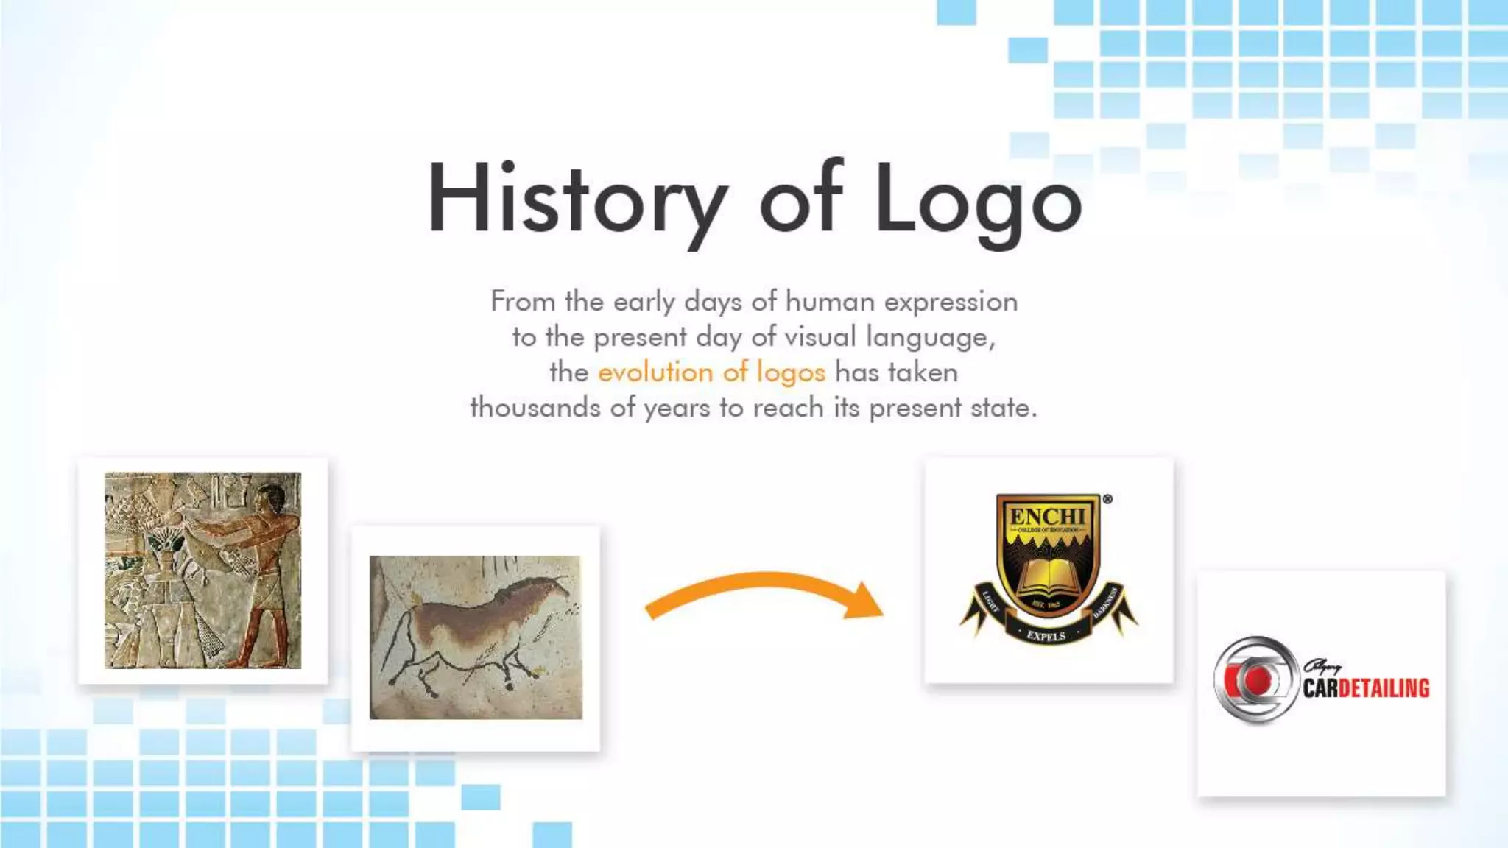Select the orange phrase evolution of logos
pos(711,372)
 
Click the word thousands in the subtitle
pos(535,408)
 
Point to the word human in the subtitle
pos(830,302)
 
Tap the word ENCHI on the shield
pos(1048,516)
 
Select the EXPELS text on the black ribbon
pos(1046,635)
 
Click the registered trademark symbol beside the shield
pos(1107,499)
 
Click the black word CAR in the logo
pos(1321,688)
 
